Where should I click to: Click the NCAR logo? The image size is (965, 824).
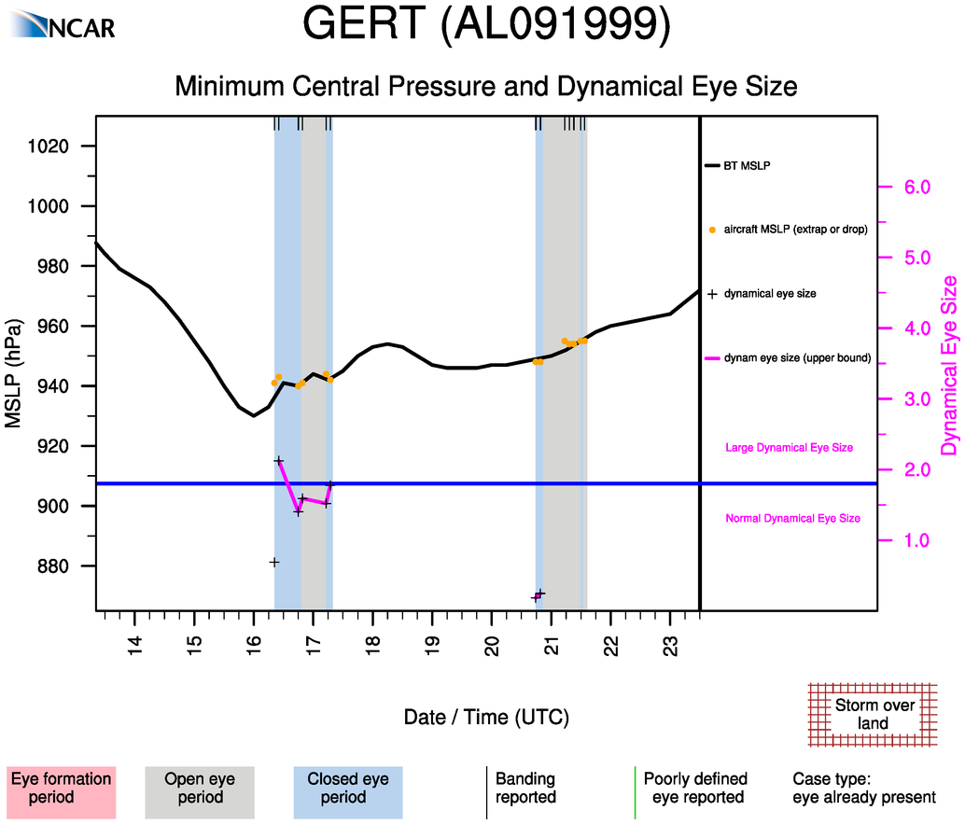[65, 25]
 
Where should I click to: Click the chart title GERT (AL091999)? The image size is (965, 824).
[487, 27]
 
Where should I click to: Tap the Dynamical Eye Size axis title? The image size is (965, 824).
[949, 366]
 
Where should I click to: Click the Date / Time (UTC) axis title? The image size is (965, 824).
[486, 718]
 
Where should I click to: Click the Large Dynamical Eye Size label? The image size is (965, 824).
[789, 448]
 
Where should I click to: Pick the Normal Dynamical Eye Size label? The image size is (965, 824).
[792, 518]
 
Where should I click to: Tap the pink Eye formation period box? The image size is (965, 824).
[61, 789]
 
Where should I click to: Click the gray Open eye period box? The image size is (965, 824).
[199, 789]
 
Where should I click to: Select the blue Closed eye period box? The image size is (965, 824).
[347, 789]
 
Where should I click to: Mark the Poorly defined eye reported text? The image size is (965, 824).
[695, 789]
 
